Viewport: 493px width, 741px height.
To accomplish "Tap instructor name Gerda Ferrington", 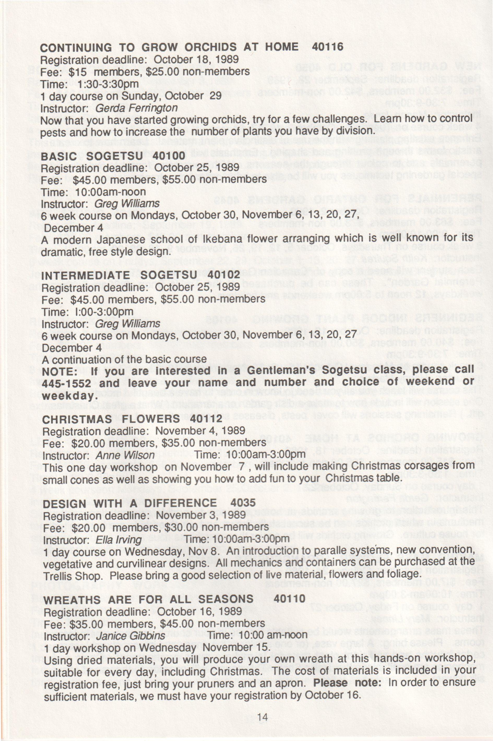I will tap(136, 108).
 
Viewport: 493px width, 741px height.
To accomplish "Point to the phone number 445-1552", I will tap(66, 383).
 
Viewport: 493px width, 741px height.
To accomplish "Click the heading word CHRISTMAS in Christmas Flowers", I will tap(77, 419).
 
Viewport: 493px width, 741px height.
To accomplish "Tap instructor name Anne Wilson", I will tap(125, 455).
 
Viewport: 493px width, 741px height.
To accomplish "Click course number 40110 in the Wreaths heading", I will tap(289, 599).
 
